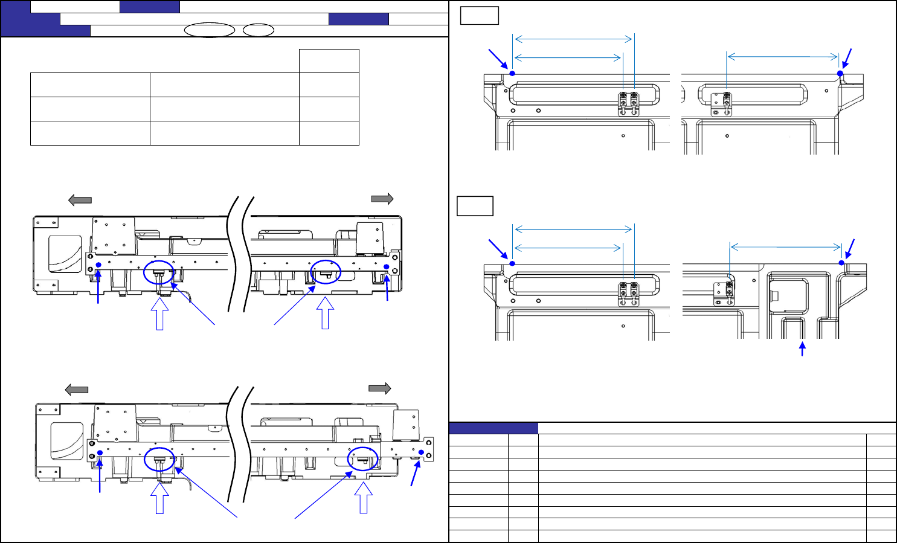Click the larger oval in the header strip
[209, 30]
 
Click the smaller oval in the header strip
[259, 30]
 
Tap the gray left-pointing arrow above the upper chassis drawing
[80, 200]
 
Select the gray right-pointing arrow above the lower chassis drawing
[380, 388]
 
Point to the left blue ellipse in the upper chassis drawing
[159, 272]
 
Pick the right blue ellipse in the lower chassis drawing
[362, 459]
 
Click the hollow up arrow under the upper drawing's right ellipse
[325, 315]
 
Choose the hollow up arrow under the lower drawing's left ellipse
[159, 499]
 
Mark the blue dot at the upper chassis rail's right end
[387, 266]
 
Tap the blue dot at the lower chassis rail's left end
[100, 453]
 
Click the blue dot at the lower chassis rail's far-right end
[421, 452]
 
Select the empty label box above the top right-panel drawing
[479, 15]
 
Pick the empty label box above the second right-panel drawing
[475, 206]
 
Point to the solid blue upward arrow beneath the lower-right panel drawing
[802, 349]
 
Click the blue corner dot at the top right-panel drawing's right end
[840, 74]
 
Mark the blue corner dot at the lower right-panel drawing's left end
[512, 263]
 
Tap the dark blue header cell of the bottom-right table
[494, 428]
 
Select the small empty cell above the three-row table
[329, 61]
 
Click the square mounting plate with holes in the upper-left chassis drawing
[113, 236]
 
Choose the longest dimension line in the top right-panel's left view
[574, 39]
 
